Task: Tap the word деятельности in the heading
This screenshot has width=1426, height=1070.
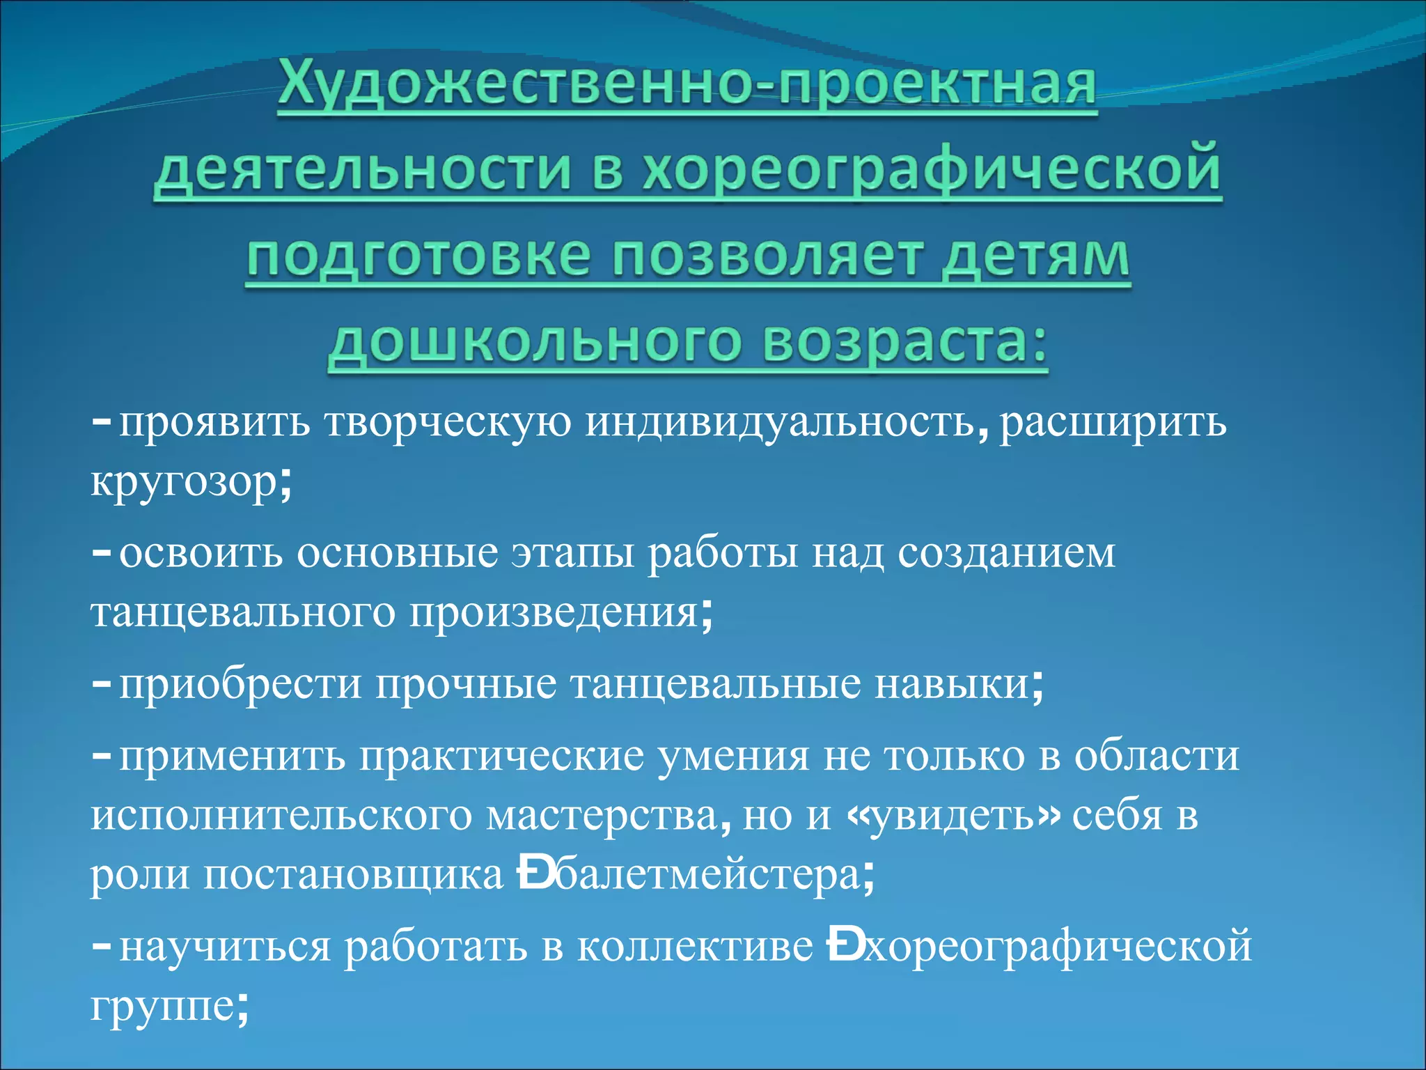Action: coord(362,171)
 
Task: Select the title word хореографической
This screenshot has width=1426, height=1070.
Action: coord(932,171)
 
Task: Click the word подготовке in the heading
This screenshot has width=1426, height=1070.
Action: coord(418,258)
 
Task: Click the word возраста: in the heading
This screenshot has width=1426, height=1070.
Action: coord(904,344)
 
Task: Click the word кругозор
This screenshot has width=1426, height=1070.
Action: coord(185,482)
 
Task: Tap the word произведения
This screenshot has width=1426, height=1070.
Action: coord(554,613)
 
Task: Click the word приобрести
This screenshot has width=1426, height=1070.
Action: coord(240,684)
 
